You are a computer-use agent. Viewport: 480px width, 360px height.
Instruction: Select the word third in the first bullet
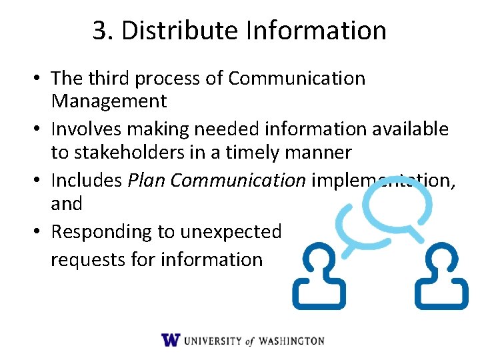click(x=107, y=78)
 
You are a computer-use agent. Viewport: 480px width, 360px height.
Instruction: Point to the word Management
click(x=109, y=101)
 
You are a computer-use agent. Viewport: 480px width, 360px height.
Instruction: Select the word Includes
click(x=86, y=181)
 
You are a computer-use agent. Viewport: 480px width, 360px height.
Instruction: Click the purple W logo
click(x=171, y=339)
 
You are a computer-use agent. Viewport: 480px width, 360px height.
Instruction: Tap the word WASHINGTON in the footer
click(x=291, y=341)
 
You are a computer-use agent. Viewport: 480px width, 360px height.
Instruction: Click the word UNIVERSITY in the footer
click(x=213, y=341)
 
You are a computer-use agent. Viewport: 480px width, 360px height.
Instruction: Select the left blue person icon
click(x=319, y=276)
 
